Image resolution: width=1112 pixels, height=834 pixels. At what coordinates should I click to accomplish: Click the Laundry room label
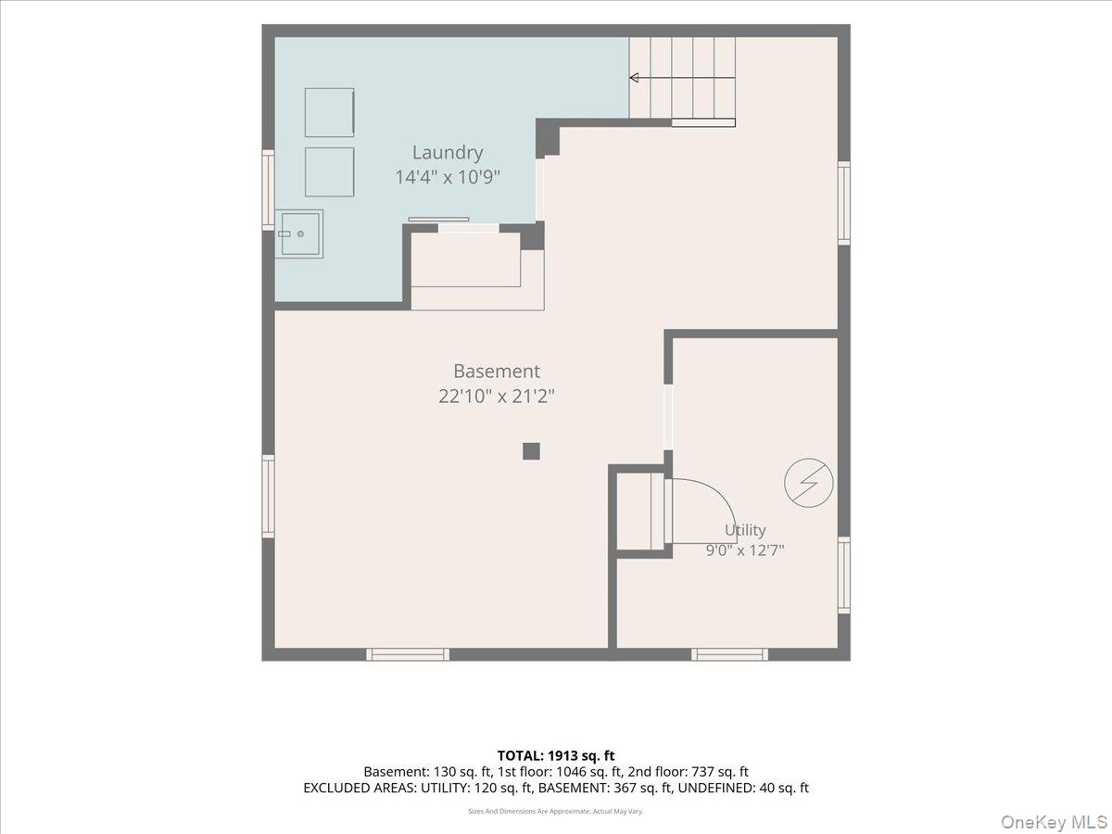(x=448, y=153)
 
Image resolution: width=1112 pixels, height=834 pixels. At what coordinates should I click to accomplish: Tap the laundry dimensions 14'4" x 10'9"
(x=448, y=177)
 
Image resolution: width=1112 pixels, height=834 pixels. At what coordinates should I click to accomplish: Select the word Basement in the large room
(x=497, y=372)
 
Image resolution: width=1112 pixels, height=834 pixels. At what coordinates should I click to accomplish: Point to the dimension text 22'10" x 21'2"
(x=497, y=396)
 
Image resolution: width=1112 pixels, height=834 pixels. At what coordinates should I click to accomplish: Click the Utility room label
(x=745, y=530)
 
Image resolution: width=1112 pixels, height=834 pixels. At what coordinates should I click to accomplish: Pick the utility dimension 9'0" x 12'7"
(x=745, y=550)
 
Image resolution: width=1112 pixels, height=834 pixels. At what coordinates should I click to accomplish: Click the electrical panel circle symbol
(x=809, y=483)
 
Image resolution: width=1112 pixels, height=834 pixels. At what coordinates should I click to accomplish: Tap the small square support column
(x=531, y=451)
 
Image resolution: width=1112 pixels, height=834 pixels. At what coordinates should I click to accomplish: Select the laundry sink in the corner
(x=299, y=234)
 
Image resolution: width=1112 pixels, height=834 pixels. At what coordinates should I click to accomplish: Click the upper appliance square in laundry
(x=329, y=112)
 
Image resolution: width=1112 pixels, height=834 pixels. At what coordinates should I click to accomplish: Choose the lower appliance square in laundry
(x=329, y=172)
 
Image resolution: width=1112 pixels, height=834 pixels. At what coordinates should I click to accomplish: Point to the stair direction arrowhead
(x=634, y=78)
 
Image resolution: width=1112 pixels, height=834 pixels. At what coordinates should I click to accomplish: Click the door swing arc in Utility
(x=715, y=499)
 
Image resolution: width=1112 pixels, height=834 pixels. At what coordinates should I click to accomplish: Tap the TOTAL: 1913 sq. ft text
(x=556, y=755)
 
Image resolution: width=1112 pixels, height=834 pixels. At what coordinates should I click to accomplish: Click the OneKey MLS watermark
(x=1054, y=821)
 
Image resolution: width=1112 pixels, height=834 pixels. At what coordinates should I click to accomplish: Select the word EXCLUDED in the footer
(x=336, y=788)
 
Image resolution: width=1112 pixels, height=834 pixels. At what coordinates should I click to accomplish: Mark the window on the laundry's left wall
(x=268, y=190)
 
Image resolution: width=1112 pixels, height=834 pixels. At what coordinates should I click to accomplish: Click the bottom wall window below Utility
(x=729, y=654)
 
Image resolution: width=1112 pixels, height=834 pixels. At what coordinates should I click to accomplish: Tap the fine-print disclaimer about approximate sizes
(x=556, y=811)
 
